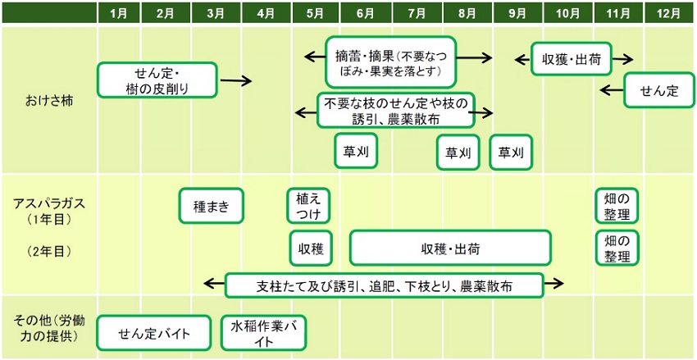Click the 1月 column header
118,12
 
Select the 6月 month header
367,12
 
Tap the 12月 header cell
668,12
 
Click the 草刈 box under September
511,152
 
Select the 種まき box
211,206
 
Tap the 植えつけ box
309,206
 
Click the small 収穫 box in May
310,248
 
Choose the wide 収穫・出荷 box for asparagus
450,248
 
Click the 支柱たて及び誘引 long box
385,285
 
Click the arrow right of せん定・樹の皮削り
236,80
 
